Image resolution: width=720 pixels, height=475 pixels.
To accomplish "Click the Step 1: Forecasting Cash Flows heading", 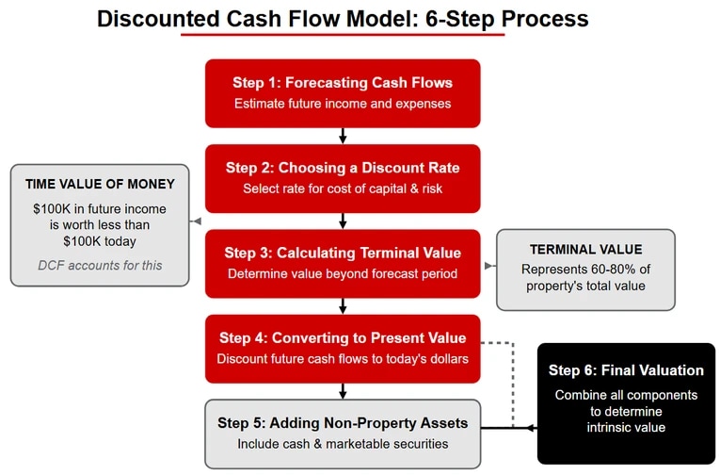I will pos(343,82).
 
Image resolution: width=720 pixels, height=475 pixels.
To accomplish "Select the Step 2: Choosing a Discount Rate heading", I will pos(343,168).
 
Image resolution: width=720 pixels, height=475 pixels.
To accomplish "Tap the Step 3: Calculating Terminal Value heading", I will pos(343,253).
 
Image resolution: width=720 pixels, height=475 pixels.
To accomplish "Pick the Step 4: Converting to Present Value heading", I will pos(343,337).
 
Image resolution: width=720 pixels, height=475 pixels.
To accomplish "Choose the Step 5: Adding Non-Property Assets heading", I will pos(343,422).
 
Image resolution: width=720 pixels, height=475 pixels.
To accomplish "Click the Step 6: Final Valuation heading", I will pos(626,370).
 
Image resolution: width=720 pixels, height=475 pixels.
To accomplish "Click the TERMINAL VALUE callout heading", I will pos(585,250).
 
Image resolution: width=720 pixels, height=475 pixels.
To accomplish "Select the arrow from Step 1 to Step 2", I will pos(343,137).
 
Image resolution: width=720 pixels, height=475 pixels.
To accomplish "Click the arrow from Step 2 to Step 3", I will pos(343,221).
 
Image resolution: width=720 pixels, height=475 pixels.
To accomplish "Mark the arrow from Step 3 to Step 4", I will pos(343,306).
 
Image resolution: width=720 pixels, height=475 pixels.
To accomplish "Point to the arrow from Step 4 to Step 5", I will pos(343,391).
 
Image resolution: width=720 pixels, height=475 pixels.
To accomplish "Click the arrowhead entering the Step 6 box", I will pos(533,429).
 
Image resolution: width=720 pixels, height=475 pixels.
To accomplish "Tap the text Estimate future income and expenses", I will pos(343,103).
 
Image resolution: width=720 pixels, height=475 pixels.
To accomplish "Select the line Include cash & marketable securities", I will pos(343,444).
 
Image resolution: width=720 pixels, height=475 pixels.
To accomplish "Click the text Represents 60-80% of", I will pos(585,269).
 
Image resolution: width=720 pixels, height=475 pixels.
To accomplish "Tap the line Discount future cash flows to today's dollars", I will pos(343,358).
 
